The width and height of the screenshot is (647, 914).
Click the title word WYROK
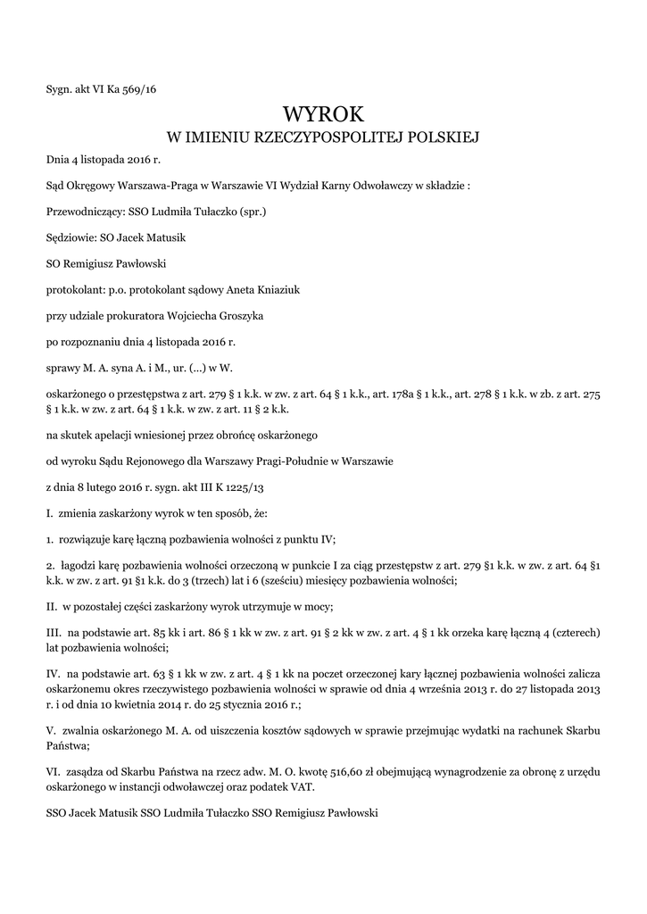[323, 113]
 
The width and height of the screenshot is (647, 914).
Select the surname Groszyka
[232, 315]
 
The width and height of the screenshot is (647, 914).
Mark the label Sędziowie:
[71, 238]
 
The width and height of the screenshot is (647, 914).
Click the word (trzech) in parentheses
[167, 580]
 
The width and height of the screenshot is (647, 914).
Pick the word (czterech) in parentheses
[571, 632]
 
